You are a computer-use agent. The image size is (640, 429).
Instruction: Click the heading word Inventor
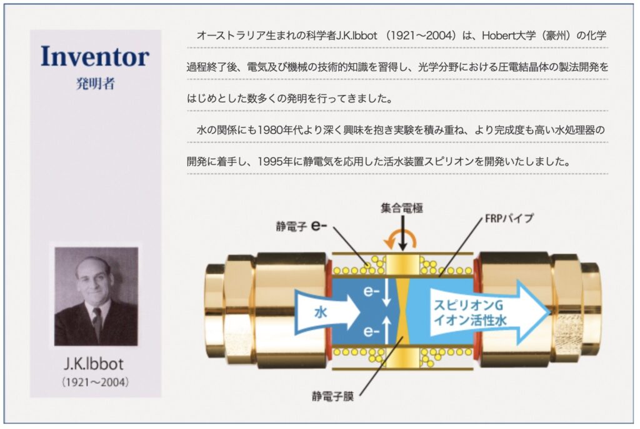[95, 56]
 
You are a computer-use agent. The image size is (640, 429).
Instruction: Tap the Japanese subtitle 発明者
[96, 84]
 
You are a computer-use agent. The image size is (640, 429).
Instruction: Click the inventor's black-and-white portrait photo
[96, 296]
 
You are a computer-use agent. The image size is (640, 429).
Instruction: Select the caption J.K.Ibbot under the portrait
[94, 363]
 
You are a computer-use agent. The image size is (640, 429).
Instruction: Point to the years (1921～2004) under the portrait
[95, 383]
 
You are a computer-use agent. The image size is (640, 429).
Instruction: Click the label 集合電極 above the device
[402, 208]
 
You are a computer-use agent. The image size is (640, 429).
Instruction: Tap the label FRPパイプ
[509, 219]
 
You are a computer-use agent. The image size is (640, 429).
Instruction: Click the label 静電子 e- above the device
[301, 226]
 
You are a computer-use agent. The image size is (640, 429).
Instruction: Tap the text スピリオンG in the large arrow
[468, 305]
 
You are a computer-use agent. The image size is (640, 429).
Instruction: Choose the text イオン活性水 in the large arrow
[470, 320]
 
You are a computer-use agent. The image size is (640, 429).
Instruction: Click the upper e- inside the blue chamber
[371, 291]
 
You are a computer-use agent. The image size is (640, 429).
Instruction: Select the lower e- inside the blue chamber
[371, 331]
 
